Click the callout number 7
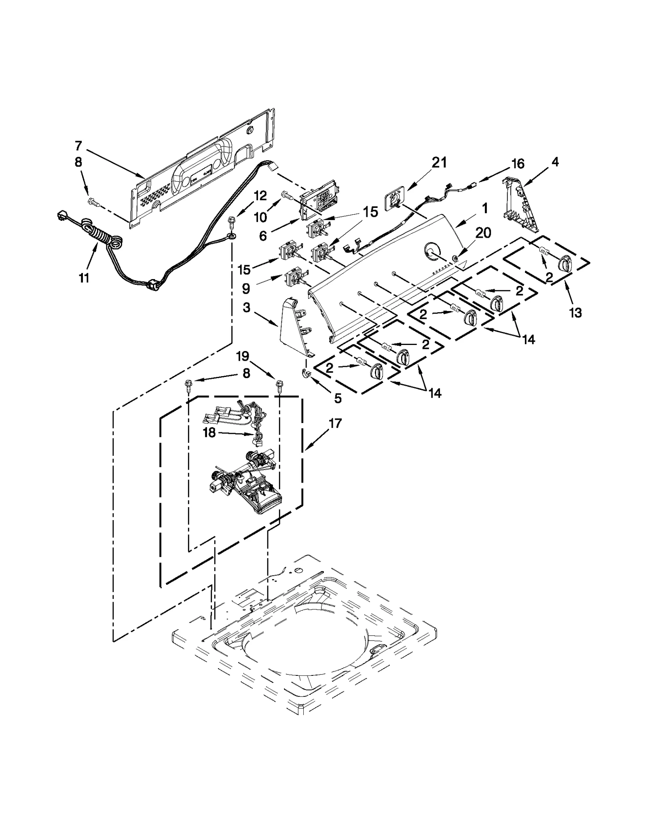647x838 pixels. tap(78, 146)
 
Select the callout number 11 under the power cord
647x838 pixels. tap(84, 278)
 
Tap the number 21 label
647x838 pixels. tap(439, 162)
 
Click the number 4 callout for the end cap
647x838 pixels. tap(555, 162)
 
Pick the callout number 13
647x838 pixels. tap(575, 312)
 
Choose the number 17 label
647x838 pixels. tap(335, 423)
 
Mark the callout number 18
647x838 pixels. tap(209, 432)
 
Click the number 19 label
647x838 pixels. tap(242, 356)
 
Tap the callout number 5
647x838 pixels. tap(338, 398)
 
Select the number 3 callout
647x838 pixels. tap(246, 308)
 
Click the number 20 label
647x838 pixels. tap(483, 233)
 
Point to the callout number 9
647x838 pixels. tap(246, 288)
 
